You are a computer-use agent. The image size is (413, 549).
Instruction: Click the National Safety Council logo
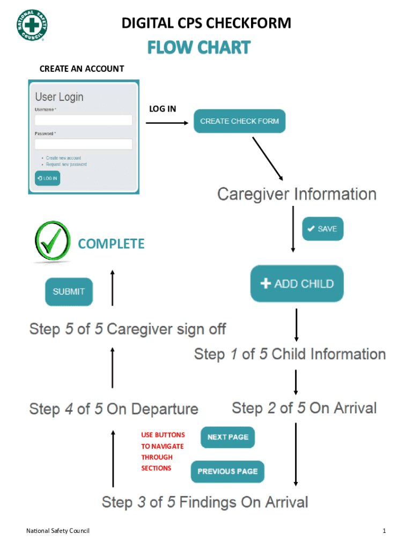pos(32,25)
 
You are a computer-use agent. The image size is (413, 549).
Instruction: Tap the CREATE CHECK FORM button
pos(239,121)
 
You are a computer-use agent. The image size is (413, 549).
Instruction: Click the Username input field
pos(83,120)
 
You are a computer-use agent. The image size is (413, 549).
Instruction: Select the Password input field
pos(83,144)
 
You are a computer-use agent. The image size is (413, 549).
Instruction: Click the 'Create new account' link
pos(63,158)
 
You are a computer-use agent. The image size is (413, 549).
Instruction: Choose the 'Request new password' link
pos(66,165)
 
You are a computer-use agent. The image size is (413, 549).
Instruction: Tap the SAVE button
pos(322,229)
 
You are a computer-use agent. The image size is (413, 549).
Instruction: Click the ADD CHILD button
pos(297,284)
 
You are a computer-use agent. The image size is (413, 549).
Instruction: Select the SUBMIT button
pos(69,292)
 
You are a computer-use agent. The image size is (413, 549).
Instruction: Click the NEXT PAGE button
pos(227,437)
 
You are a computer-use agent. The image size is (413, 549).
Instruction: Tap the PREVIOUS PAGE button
pos(227,471)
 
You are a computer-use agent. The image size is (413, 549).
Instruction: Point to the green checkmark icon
pos(52,241)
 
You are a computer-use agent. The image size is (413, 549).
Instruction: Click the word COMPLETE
pos(111,244)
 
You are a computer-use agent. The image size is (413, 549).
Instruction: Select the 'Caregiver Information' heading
pos(297,194)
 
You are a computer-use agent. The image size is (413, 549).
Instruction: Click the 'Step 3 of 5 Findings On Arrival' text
pos(205,502)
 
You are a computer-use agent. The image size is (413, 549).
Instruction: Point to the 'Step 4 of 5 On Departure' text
pos(114,409)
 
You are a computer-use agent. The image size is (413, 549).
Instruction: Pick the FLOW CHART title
pos(199,48)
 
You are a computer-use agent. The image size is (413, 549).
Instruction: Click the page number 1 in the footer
pos(384,531)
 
